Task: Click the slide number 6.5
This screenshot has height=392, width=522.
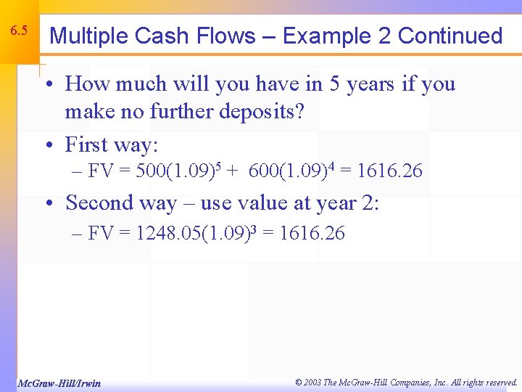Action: point(19,31)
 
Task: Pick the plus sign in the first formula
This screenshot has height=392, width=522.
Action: point(231,172)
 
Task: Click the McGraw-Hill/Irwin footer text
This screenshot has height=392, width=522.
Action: point(59,383)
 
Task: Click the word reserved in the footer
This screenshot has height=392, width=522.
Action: point(497,382)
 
